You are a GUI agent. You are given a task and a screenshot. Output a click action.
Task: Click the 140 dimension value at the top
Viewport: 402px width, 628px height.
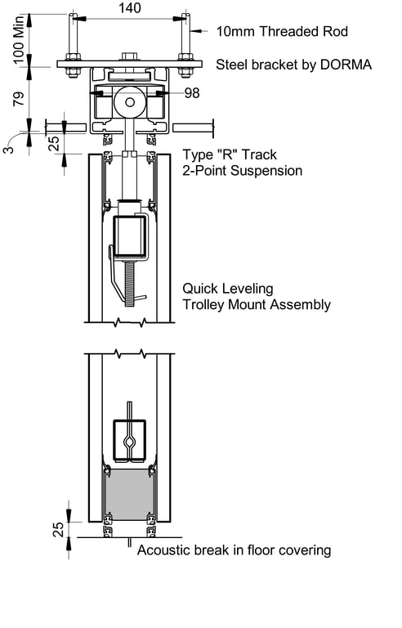pyautogui.click(x=129, y=8)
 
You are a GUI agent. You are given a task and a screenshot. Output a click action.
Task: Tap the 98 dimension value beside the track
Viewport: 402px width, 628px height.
pyautogui.click(x=192, y=93)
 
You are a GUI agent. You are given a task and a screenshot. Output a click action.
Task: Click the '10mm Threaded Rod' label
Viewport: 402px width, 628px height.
pyautogui.click(x=282, y=32)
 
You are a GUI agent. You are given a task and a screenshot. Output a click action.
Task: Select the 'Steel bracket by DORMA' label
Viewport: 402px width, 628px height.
pyautogui.click(x=294, y=64)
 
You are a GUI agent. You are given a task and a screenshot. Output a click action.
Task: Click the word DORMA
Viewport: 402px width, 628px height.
pyautogui.click(x=349, y=64)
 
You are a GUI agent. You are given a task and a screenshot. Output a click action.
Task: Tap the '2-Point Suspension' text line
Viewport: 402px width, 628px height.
pyautogui.click(x=242, y=171)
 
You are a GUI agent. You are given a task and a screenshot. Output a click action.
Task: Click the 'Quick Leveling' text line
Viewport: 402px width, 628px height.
pyautogui.click(x=227, y=289)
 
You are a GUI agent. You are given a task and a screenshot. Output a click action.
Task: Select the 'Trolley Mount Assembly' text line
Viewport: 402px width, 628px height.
pyautogui.click(x=256, y=305)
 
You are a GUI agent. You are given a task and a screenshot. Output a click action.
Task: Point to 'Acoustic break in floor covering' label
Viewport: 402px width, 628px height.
pyautogui.click(x=234, y=549)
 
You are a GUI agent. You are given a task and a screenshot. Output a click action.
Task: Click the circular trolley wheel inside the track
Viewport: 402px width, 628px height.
pyautogui.click(x=129, y=103)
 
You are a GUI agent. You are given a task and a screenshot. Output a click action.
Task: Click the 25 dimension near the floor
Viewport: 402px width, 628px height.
pyautogui.click(x=58, y=530)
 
